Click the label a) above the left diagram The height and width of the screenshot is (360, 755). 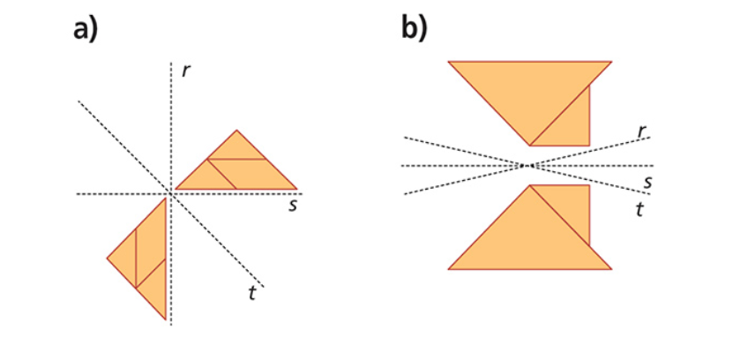click(x=86, y=28)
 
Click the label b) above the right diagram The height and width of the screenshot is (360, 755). click(x=414, y=28)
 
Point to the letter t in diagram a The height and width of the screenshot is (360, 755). click(x=252, y=293)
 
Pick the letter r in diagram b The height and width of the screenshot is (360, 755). click(x=642, y=131)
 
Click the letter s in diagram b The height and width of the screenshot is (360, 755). click(x=647, y=182)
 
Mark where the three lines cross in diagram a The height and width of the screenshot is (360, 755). click(x=169, y=193)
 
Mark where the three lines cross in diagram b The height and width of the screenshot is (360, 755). click(x=528, y=165)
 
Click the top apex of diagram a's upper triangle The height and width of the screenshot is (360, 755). click(x=236, y=131)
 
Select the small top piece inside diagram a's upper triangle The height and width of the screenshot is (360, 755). click(x=236, y=147)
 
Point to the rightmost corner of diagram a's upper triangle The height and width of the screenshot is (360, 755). click(x=297, y=190)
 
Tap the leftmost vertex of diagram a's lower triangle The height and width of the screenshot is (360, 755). click(x=108, y=259)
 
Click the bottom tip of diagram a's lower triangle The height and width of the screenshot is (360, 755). click(x=166, y=319)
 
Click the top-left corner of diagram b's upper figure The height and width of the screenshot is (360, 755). click(x=449, y=62)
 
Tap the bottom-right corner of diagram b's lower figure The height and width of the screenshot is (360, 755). click(x=610, y=268)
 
